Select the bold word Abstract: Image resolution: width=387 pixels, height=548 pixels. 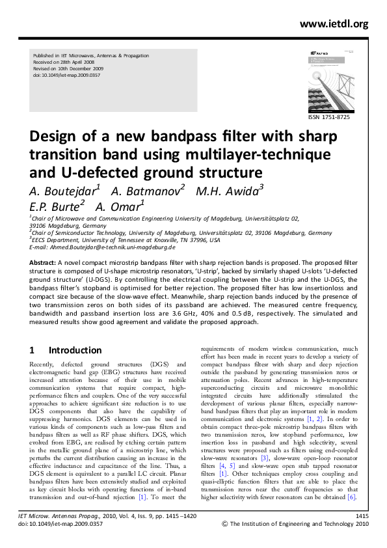(42, 262)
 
